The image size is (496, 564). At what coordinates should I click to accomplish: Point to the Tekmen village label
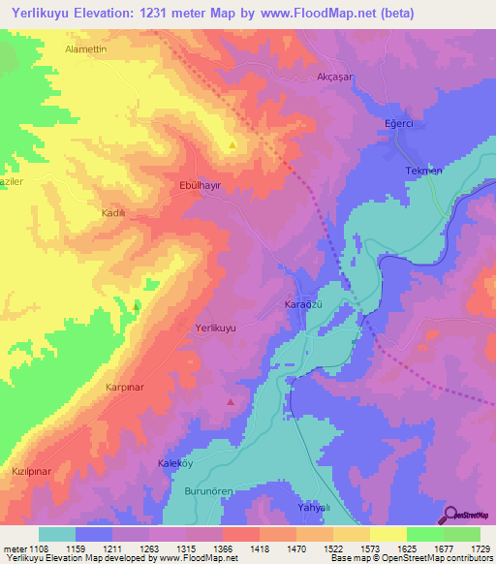tap(423, 171)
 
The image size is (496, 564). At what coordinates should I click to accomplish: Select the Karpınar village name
tap(124, 386)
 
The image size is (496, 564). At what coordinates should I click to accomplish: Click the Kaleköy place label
tap(176, 464)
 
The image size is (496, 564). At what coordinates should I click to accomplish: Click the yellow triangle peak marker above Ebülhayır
tap(232, 146)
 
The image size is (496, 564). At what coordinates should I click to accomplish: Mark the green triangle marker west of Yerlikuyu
tap(136, 305)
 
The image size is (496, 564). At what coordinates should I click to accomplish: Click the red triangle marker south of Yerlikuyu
tap(231, 400)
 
